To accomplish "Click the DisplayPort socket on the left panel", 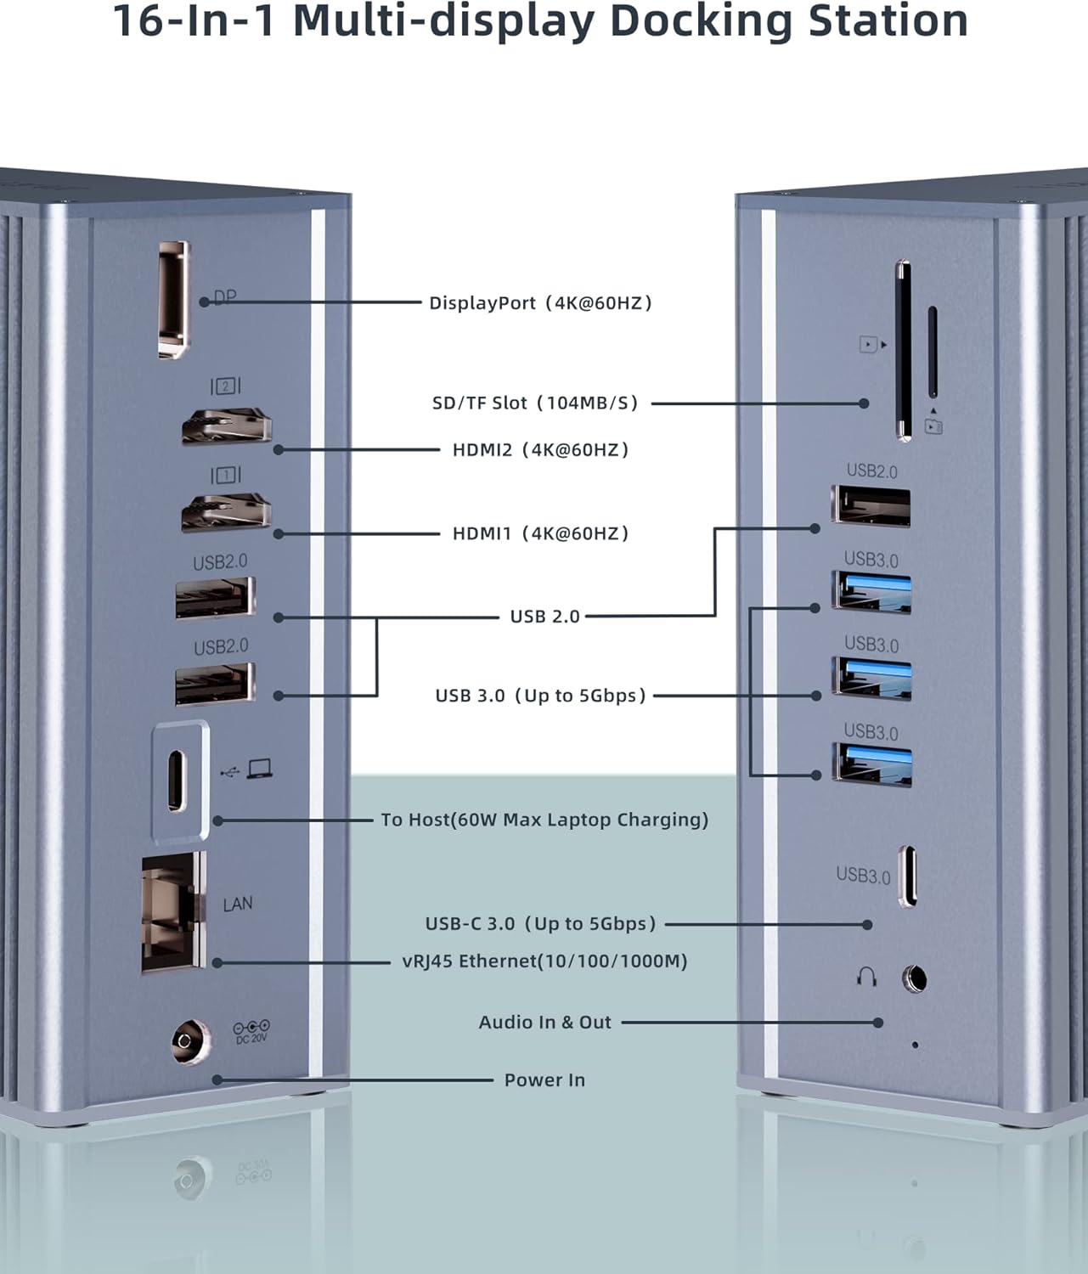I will coord(174,299).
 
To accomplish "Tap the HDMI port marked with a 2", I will coord(226,426).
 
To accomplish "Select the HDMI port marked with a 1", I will coord(226,512).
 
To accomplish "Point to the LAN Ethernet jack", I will coord(173,911).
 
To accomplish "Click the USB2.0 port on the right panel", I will coord(871,506).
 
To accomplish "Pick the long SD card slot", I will coord(903,351).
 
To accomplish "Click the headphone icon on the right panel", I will coord(866,978).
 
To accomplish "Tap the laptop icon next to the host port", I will coord(259,769).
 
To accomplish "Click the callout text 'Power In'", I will coord(544,1080).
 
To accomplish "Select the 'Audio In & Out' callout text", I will coord(544,1022).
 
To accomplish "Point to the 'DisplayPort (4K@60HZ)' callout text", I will coord(540,303).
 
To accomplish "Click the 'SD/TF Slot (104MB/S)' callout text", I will coord(535,403).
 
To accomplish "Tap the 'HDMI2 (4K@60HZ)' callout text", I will coord(540,449).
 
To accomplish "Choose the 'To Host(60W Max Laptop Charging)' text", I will coord(544,820).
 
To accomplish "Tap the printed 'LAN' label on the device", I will coord(238,904).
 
